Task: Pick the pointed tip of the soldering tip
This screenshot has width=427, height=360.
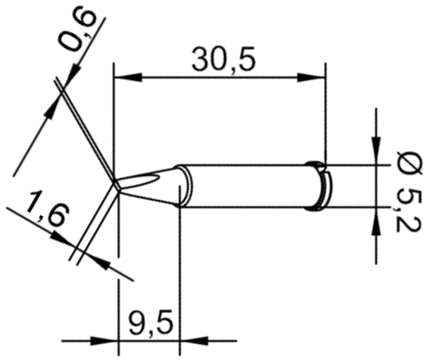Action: pos(115,183)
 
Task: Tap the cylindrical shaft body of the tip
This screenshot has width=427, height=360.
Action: pos(250,186)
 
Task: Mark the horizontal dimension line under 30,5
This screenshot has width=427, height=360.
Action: pos(219,76)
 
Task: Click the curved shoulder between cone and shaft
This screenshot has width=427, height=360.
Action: pos(181,186)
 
